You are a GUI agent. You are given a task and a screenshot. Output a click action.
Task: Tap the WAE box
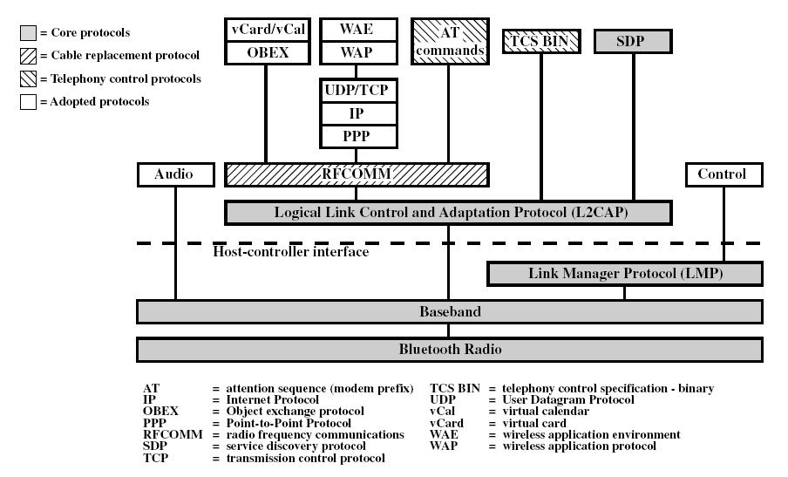coord(356,29)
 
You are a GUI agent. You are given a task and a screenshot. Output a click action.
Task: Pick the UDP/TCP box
coord(356,90)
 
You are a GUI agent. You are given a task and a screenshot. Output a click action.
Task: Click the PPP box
coord(356,137)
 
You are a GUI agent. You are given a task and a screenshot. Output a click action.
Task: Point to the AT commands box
coord(448,41)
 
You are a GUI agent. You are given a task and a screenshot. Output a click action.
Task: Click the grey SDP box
coord(633,41)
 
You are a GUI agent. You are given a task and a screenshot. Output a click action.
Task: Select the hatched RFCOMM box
coord(356,174)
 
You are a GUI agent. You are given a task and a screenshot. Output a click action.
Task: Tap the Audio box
coord(175,174)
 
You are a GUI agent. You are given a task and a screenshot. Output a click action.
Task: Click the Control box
coord(722,174)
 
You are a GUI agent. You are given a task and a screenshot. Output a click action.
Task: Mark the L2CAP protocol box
coord(448,212)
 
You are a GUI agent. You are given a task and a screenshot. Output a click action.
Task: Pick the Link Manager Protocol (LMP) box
coord(624,274)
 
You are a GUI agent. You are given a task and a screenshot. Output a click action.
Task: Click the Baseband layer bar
coord(450,311)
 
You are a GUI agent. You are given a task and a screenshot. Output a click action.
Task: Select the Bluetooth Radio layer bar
coord(450,350)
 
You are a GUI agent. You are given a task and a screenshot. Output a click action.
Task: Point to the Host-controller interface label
coord(290,252)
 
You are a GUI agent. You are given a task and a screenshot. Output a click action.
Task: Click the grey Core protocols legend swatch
coord(28,33)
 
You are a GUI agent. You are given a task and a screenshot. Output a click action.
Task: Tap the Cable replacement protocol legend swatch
coord(28,56)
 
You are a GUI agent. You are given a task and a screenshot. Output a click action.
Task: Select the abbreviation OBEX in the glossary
coord(160,411)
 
